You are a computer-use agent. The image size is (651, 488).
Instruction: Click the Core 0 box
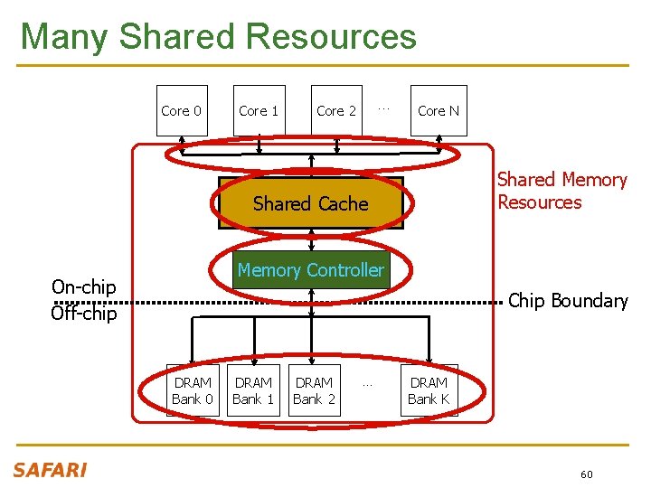(x=181, y=111)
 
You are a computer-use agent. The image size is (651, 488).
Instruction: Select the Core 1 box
(x=259, y=111)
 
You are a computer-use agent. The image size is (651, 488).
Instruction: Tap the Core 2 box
(x=336, y=111)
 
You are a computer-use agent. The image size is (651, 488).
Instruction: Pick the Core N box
(x=439, y=111)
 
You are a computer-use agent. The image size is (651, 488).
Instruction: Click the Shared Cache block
(x=310, y=203)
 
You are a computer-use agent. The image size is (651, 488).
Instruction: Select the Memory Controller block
(x=310, y=270)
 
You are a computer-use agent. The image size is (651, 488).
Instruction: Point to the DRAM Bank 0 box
(x=192, y=390)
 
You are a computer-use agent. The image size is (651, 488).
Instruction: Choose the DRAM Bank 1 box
(x=253, y=390)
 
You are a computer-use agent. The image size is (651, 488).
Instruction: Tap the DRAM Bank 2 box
(x=314, y=390)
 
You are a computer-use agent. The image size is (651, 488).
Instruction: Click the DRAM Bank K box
(x=429, y=390)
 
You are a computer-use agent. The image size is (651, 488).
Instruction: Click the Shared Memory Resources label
(x=561, y=191)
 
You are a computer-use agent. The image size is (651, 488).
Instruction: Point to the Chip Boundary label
(x=568, y=301)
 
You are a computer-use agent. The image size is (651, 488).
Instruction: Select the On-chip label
(x=83, y=287)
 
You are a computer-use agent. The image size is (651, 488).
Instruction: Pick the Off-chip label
(x=83, y=314)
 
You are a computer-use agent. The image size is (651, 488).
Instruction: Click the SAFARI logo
(x=50, y=470)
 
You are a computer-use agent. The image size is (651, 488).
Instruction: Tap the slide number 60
(x=587, y=474)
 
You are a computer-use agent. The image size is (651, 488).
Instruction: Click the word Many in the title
(x=64, y=37)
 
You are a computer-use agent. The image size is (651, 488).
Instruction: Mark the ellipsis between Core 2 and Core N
(x=383, y=108)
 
